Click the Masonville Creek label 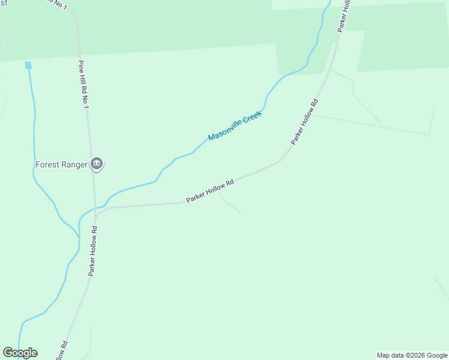pos(235,125)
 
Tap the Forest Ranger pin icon pos(97,163)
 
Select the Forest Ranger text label pos(61,164)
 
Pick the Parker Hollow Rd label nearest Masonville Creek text pos(304,121)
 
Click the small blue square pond pos(28,65)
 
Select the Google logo pos(20,353)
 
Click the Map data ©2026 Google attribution pos(412,355)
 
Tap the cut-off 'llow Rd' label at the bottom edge pos(63,351)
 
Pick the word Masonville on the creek pos(224,131)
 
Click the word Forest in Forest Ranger pos(47,164)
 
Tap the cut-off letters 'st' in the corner pos(4,3)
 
